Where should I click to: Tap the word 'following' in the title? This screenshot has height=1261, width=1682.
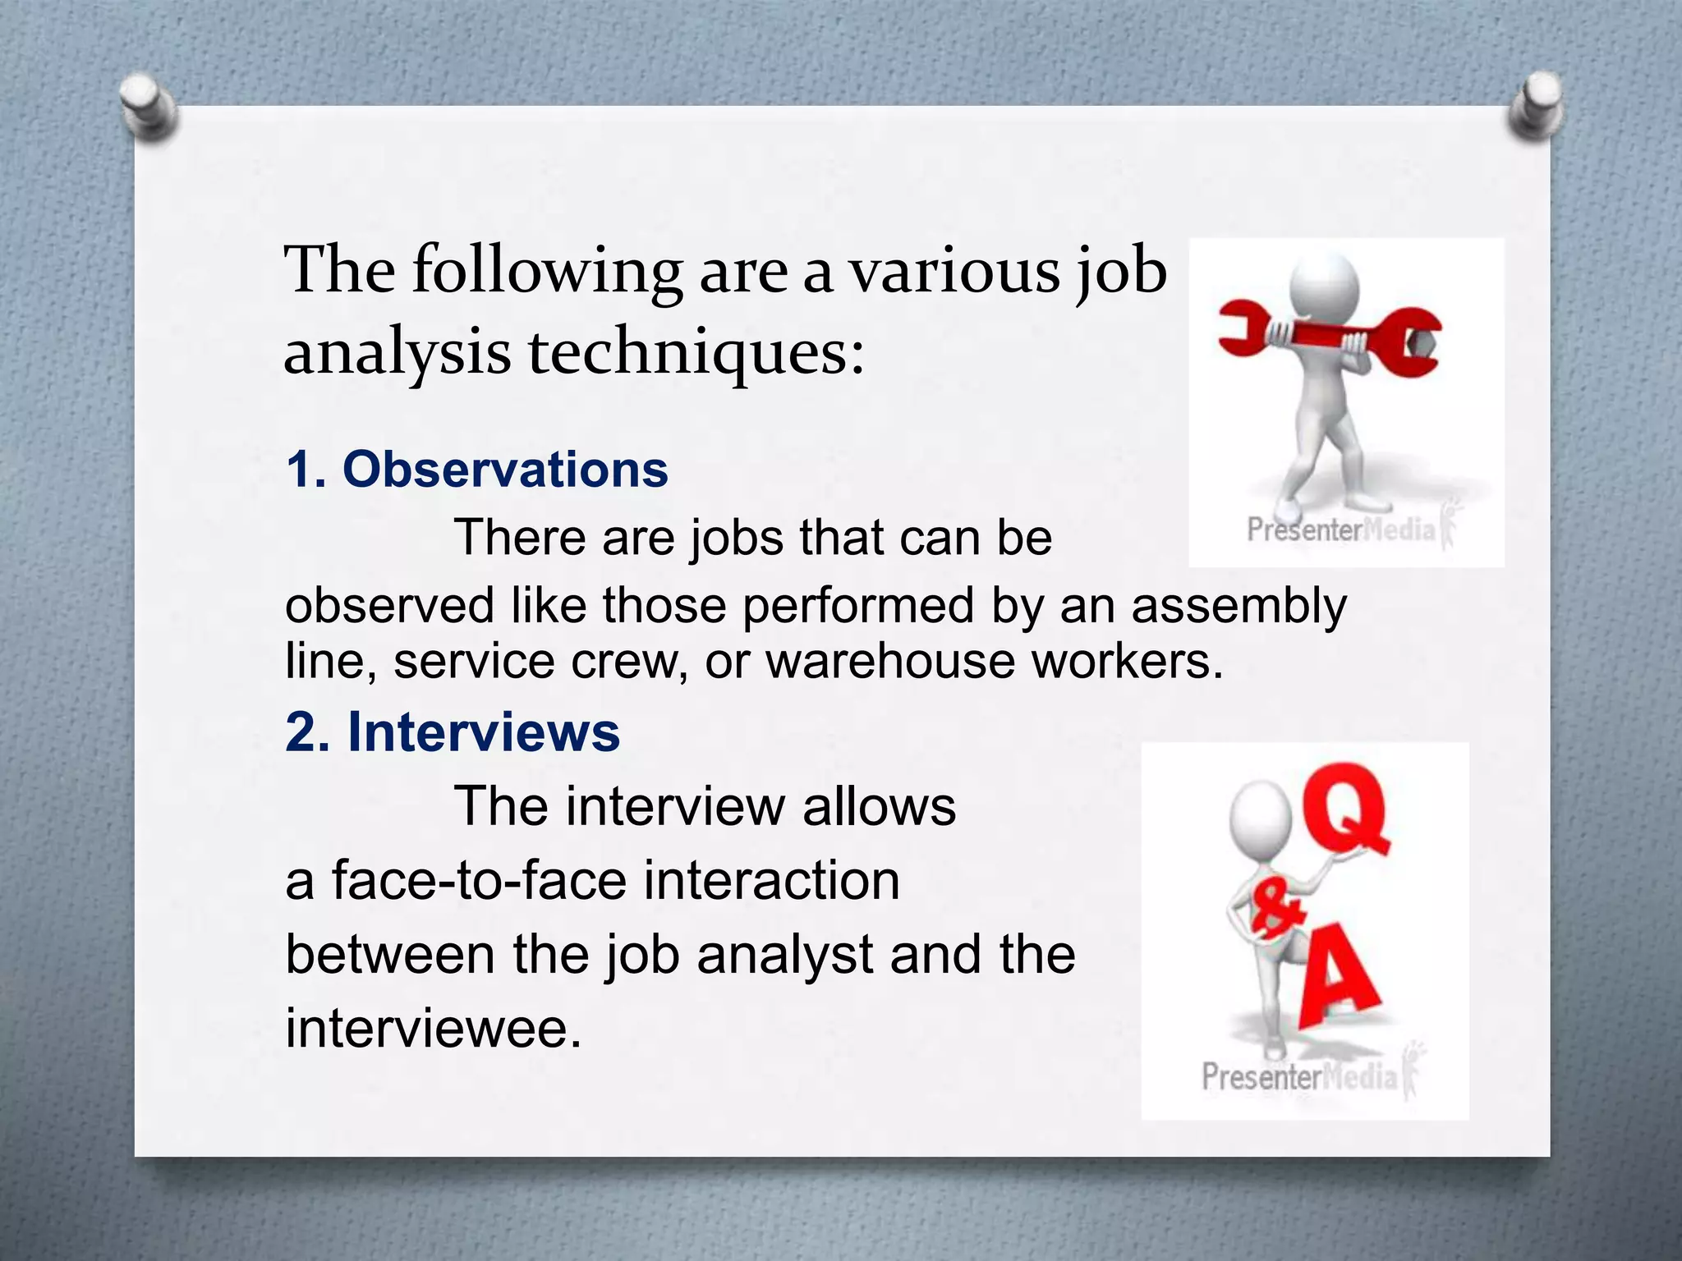(x=546, y=271)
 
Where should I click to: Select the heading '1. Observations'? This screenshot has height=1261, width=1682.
(x=476, y=470)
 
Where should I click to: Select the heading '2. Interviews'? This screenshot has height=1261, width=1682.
(x=453, y=731)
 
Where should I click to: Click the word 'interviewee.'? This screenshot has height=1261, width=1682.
(x=433, y=1028)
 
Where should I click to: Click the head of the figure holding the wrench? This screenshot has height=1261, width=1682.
(x=1324, y=287)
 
